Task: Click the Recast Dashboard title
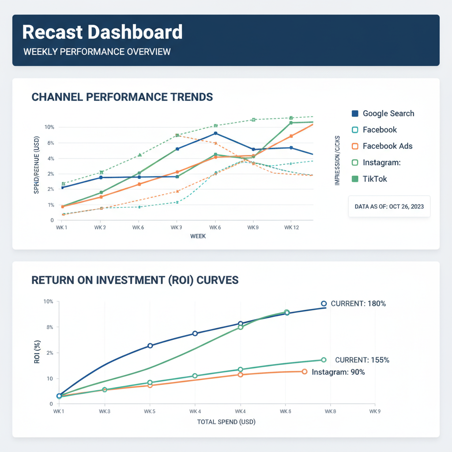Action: pyautogui.click(x=102, y=33)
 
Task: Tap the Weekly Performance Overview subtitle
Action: pyautogui.click(x=97, y=52)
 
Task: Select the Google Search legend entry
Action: pyautogui.click(x=388, y=113)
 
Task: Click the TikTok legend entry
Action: pyautogui.click(x=375, y=179)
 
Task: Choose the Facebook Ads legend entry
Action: pyautogui.click(x=387, y=146)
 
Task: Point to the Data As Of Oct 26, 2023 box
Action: pyautogui.click(x=389, y=206)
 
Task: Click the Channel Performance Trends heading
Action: pyautogui.click(x=122, y=97)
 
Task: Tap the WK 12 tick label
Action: pyautogui.click(x=291, y=227)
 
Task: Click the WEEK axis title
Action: pyautogui.click(x=198, y=236)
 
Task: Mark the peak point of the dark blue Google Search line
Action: pyautogui.click(x=215, y=133)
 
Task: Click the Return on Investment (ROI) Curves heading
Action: pyautogui.click(x=135, y=280)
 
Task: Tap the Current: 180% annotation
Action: pyautogui.click(x=358, y=304)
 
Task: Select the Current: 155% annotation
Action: pyautogui.click(x=362, y=360)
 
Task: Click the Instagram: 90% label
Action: pyautogui.click(x=338, y=372)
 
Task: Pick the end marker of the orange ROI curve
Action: pyautogui.click(x=305, y=372)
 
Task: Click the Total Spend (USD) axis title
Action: pyautogui.click(x=226, y=422)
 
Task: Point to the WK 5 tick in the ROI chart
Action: pyautogui.click(x=150, y=411)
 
